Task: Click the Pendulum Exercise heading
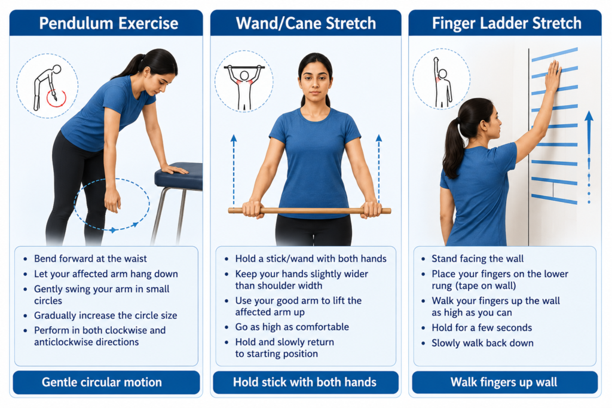point(109,23)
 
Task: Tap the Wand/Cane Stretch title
point(305,23)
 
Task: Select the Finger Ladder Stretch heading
point(507,23)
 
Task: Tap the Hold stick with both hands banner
point(305,382)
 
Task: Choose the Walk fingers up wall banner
point(504,382)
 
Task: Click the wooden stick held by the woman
point(310,211)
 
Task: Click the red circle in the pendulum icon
point(56,99)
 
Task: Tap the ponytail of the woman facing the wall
point(454,148)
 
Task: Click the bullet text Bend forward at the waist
point(90,259)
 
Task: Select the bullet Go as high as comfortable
point(292,327)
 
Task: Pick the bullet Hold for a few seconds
point(482,327)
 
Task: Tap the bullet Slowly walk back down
point(482,343)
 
